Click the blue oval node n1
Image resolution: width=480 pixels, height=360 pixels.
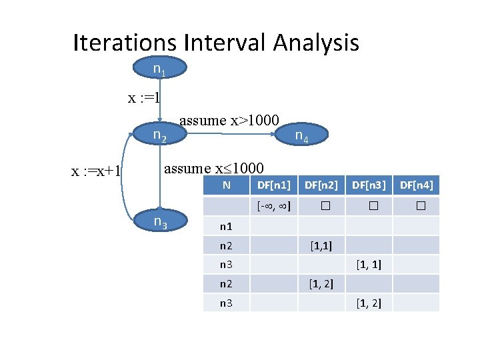click(x=160, y=68)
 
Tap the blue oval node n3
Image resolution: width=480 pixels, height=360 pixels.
click(x=160, y=221)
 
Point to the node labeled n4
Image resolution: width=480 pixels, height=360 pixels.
click(x=301, y=137)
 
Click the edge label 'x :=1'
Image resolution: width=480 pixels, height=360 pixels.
click(x=144, y=99)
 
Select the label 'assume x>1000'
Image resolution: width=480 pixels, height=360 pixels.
click(x=229, y=120)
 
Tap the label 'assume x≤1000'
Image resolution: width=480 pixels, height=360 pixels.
click(x=213, y=168)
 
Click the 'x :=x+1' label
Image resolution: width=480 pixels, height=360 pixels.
click(x=96, y=171)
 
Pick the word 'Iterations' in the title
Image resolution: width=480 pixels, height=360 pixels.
click(x=124, y=43)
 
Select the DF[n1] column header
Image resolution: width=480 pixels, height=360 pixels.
click(x=274, y=185)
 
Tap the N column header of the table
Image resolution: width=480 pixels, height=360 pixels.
click(x=227, y=185)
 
